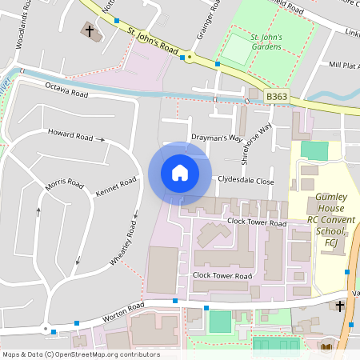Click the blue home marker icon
tap(180, 173)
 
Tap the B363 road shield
tap(276, 97)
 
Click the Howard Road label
tap(70, 134)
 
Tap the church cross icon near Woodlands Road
tap(89, 32)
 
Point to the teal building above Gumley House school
tap(314, 150)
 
